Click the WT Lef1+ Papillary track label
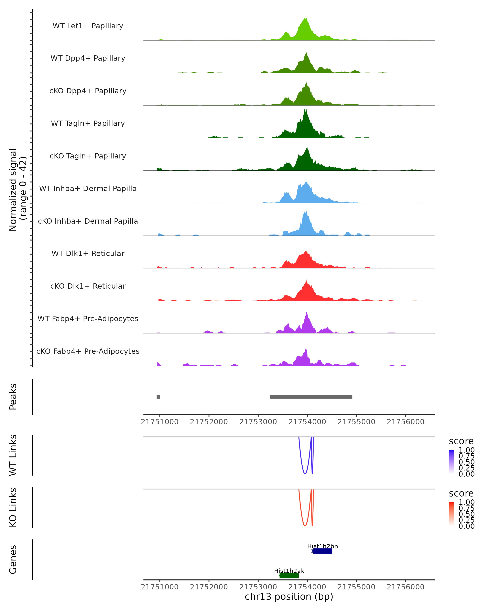pos(88,26)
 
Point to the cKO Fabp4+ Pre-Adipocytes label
pos(88,351)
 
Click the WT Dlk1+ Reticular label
pos(88,253)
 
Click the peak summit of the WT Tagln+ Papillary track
pos(305,110)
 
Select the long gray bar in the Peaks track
pos(311,397)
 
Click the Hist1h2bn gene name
pos(322,546)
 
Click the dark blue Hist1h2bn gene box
pos(323,551)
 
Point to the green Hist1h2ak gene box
pos(289,576)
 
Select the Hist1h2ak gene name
pos(289,571)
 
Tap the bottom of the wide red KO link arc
pos(305,526)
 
